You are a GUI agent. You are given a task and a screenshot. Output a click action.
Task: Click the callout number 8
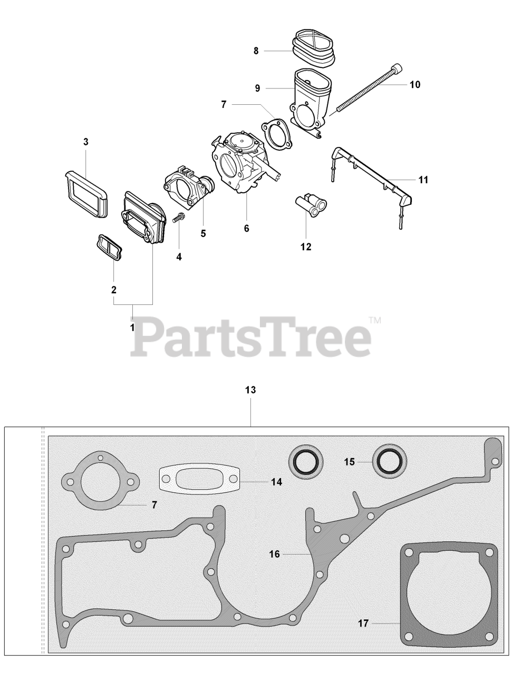pyautogui.click(x=256, y=51)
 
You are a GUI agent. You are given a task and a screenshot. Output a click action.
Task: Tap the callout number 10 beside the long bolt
pyautogui.click(x=415, y=84)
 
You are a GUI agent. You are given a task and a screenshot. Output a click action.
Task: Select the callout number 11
pyautogui.click(x=423, y=180)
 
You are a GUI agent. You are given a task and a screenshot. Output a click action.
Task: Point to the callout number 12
pyautogui.click(x=306, y=246)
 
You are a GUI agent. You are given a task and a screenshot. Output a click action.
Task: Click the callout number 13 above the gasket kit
pyautogui.click(x=250, y=390)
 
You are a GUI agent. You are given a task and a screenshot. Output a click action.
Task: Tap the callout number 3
pyautogui.click(x=86, y=142)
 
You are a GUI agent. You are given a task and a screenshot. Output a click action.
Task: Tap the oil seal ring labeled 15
pyautogui.click(x=389, y=461)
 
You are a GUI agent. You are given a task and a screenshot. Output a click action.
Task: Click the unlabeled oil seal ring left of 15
pyautogui.click(x=306, y=461)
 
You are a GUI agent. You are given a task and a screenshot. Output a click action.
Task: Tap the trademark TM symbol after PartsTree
pyautogui.click(x=375, y=321)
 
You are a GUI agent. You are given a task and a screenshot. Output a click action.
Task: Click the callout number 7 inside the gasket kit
pyautogui.click(x=154, y=504)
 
